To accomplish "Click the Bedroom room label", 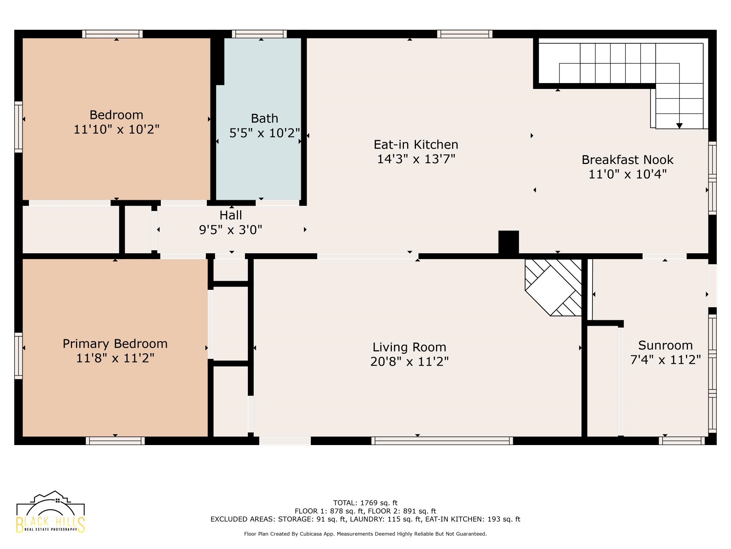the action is pyautogui.click(x=116, y=115).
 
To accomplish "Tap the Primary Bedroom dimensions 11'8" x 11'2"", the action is pyautogui.click(x=115, y=358).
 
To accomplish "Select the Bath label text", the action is pyautogui.click(x=264, y=119).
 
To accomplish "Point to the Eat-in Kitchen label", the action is pyautogui.click(x=416, y=145).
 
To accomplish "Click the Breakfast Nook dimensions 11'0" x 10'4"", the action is pyautogui.click(x=628, y=174).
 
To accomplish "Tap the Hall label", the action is pyautogui.click(x=231, y=215).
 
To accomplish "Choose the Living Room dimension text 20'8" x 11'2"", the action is pyautogui.click(x=409, y=362).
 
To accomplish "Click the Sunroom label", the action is pyautogui.click(x=666, y=345).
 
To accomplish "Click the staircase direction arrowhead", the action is pyautogui.click(x=679, y=126).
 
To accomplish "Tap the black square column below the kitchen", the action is pyautogui.click(x=509, y=242).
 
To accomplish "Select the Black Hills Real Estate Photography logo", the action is pyautogui.click(x=50, y=512).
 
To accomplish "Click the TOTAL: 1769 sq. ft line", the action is pyautogui.click(x=365, y=503).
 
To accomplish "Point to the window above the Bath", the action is pyautogui.click(x=259, y=34).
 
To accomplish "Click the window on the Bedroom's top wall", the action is pyautogui.click(x=112, y=34).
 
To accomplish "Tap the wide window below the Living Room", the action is pyautogui.click(x=442, y=441).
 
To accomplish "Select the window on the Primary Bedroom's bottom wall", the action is pyautogui.click(x=115, y=441).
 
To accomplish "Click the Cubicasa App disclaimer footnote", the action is pyautogui.click(x=365, y=534).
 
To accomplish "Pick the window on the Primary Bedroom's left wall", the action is pyautogui.click(x=18, y=356).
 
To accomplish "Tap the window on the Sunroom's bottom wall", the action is pyautogui.click(x=682, y=441).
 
